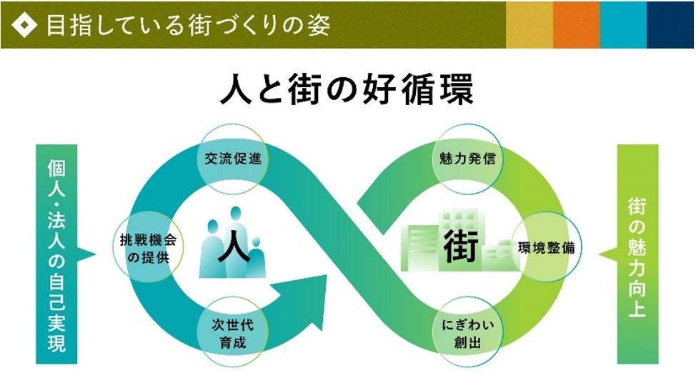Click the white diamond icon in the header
pos(26,25)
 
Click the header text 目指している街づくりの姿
pos(187,25)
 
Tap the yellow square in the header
pos(529,25)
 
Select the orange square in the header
pos(576,25)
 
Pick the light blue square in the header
pos(623,25)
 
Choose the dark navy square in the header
pos(671,25)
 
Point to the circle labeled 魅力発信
pos(468,159)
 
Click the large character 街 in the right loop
pos(459,246)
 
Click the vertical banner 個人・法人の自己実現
pos(55,254)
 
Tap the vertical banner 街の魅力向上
pos(637,254)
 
